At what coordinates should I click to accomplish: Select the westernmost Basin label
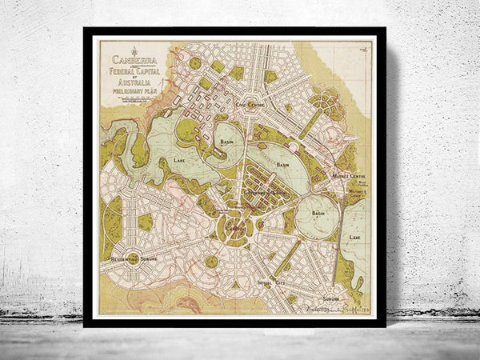click(226, 138)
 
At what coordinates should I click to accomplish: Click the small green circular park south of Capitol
click(211, 261)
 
